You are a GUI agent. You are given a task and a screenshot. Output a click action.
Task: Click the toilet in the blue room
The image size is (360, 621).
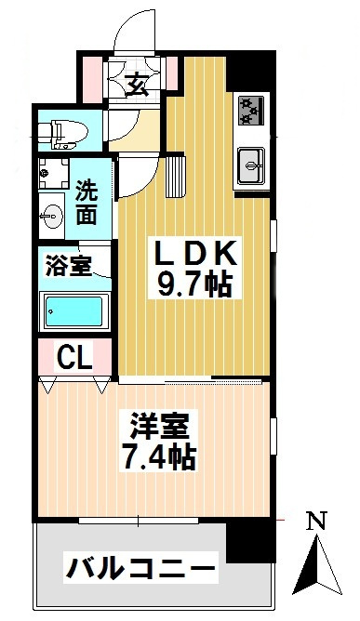click(64, 134)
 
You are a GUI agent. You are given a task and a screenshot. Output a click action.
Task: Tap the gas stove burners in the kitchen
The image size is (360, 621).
click(251, 111)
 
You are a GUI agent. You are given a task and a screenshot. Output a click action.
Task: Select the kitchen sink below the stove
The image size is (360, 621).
click(251, 165)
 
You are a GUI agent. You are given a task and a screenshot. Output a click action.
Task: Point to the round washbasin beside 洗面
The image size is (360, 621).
click(52, 217)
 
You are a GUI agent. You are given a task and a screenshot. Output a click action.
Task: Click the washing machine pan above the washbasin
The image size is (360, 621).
click(54, 174)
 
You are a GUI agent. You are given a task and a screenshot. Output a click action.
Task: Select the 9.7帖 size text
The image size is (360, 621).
click(194, 285)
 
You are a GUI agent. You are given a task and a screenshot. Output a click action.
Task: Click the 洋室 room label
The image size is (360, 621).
click(158, 426)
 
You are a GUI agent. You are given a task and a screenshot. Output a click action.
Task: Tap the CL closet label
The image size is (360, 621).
click(74, 357)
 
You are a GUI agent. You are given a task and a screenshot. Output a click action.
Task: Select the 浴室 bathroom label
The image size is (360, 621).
click(69, 265)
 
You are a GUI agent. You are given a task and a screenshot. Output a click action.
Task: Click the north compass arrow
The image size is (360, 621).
click(317, 565)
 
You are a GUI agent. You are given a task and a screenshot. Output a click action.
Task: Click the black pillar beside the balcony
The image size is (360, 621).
click(250, 541)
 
